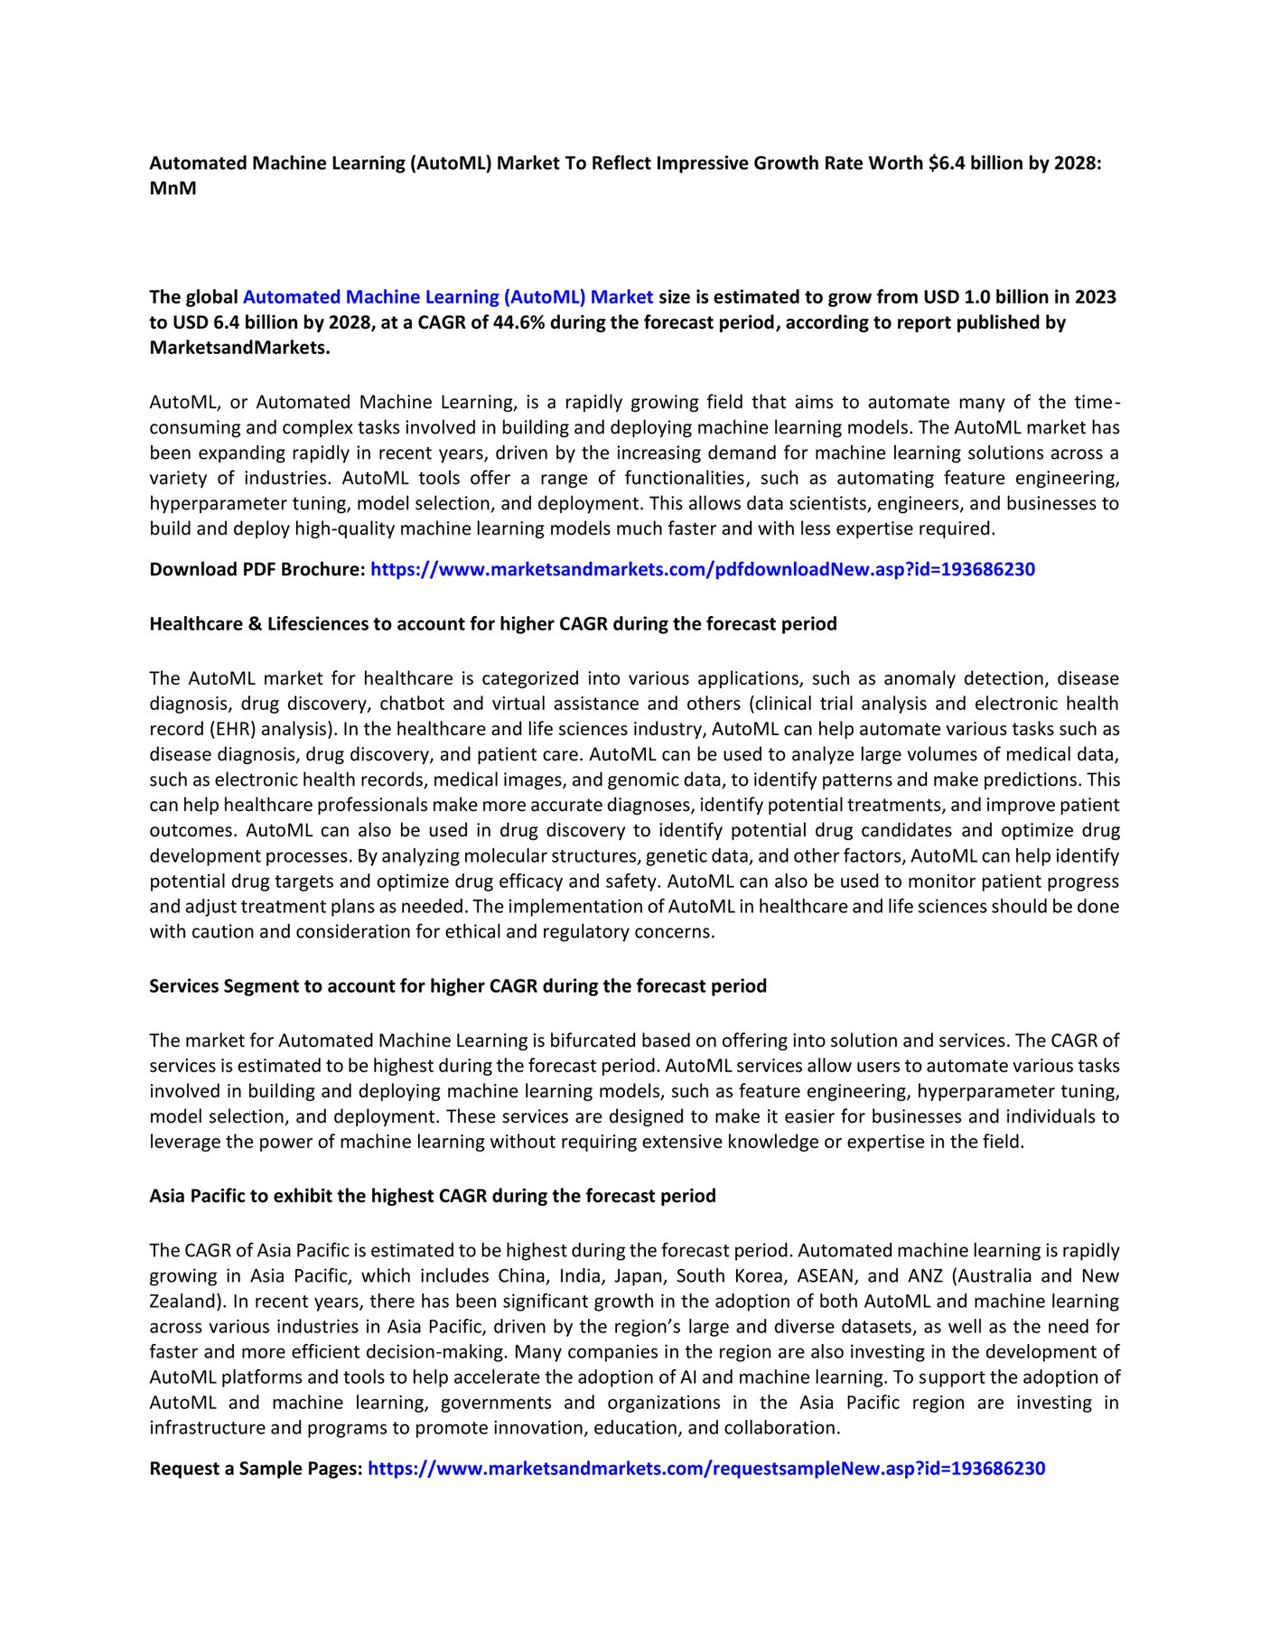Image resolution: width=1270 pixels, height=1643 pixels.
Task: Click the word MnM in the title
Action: pos(173,189)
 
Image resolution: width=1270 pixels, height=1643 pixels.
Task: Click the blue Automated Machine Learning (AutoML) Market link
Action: pos(447,297)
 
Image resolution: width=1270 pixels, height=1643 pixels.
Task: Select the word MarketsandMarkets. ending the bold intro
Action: pos(239,348)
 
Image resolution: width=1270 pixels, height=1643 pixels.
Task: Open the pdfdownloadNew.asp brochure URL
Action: pos(702,570)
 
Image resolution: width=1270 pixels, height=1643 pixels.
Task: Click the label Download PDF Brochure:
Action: pos(257,570)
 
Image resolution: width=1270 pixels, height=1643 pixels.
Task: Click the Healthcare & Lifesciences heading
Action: pos(492,624)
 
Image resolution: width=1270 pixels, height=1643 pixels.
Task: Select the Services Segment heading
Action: pos(457,986)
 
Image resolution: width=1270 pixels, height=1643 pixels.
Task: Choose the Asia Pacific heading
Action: pos(432,1197)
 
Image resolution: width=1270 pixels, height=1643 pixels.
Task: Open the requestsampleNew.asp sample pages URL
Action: pos(705,1469)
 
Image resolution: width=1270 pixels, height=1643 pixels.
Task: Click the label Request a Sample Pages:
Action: pos(256,1469)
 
